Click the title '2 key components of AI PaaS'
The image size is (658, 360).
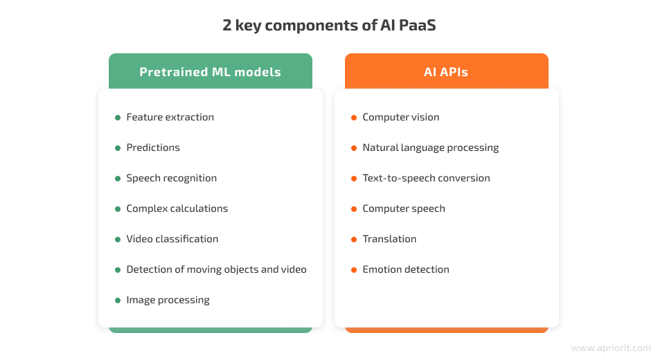(329, 26)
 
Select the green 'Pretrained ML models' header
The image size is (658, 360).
(211, 72)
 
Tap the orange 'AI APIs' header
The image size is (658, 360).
(446, 72)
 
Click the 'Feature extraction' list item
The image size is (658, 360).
(170, 117)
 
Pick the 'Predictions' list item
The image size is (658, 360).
(152, 147)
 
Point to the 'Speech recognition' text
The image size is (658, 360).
(171, 178)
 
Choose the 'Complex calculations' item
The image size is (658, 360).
(177, 208)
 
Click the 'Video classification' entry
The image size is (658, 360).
(172, 239)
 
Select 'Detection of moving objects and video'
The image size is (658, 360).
(216, 269)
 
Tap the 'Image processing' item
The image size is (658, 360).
(168, 300)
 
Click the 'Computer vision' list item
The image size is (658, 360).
(400, 117)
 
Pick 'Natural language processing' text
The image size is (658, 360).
(430, 147)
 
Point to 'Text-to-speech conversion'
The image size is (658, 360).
(426, 178)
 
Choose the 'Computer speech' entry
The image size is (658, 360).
(403, 208)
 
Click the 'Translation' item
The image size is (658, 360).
(389, 239)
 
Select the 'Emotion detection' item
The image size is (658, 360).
(405, 269)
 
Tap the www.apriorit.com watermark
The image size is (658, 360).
(610, 348)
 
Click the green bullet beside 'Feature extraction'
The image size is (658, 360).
(118, 118)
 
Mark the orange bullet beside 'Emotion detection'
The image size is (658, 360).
(354, 270)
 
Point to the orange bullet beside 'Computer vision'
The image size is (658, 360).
(354, 118)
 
